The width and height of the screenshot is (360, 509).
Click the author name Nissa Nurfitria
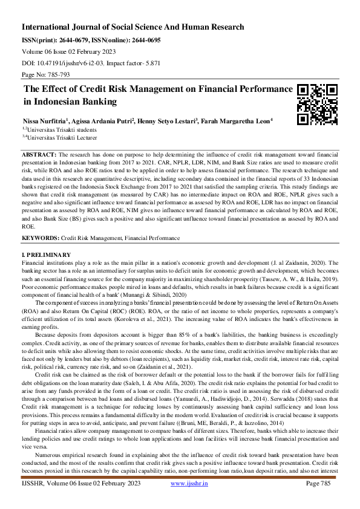[48, 120]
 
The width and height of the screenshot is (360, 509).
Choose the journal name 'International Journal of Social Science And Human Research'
[133, 27]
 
